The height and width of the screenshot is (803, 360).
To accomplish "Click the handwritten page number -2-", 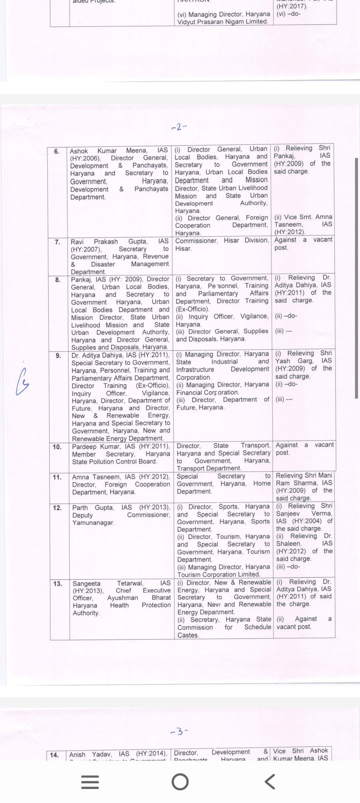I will (179, 127).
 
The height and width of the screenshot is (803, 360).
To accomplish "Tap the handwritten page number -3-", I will (179, 732).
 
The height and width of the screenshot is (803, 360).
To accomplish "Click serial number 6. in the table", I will (57, 151).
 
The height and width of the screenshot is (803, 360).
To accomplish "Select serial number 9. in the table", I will (58, 356).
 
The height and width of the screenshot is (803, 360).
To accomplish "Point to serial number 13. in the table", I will (58, 584).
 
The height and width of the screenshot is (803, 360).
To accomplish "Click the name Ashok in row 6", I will (79, 151).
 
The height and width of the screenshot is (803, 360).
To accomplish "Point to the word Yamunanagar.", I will (93, 523).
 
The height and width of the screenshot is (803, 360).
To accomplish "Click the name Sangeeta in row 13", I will (86, 584).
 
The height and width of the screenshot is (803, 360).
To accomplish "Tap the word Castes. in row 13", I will (188, 635).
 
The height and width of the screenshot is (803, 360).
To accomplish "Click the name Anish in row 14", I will (77, 754).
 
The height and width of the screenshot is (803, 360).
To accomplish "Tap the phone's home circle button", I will (180, 781).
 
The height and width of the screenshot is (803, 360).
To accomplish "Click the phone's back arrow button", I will (270, 781).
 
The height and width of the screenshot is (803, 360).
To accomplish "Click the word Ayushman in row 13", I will (122, 598).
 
